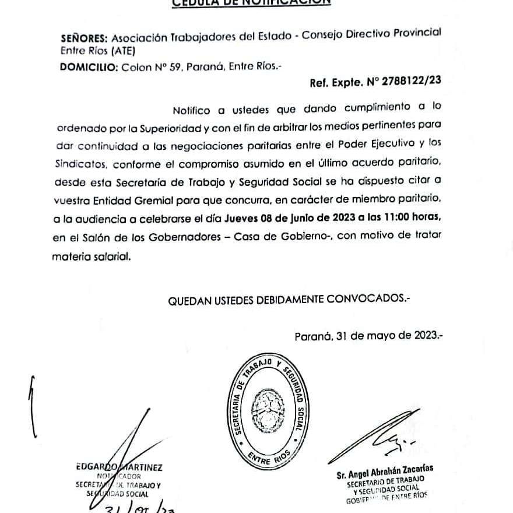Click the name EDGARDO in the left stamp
pyautogui.click(x=96, y=467)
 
